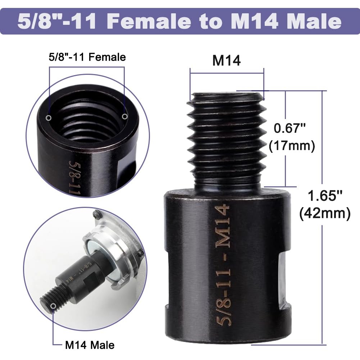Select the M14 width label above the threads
(x=226, y=61)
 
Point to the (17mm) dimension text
(x=292, y=146)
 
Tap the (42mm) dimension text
(x=325, y=214)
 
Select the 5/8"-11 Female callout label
(x=87, y=57)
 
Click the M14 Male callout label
(x=90, y=345)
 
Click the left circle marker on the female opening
(x=49, y=118)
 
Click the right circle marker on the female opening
(x=124, y=116)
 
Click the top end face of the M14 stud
(x=226, y=95)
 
